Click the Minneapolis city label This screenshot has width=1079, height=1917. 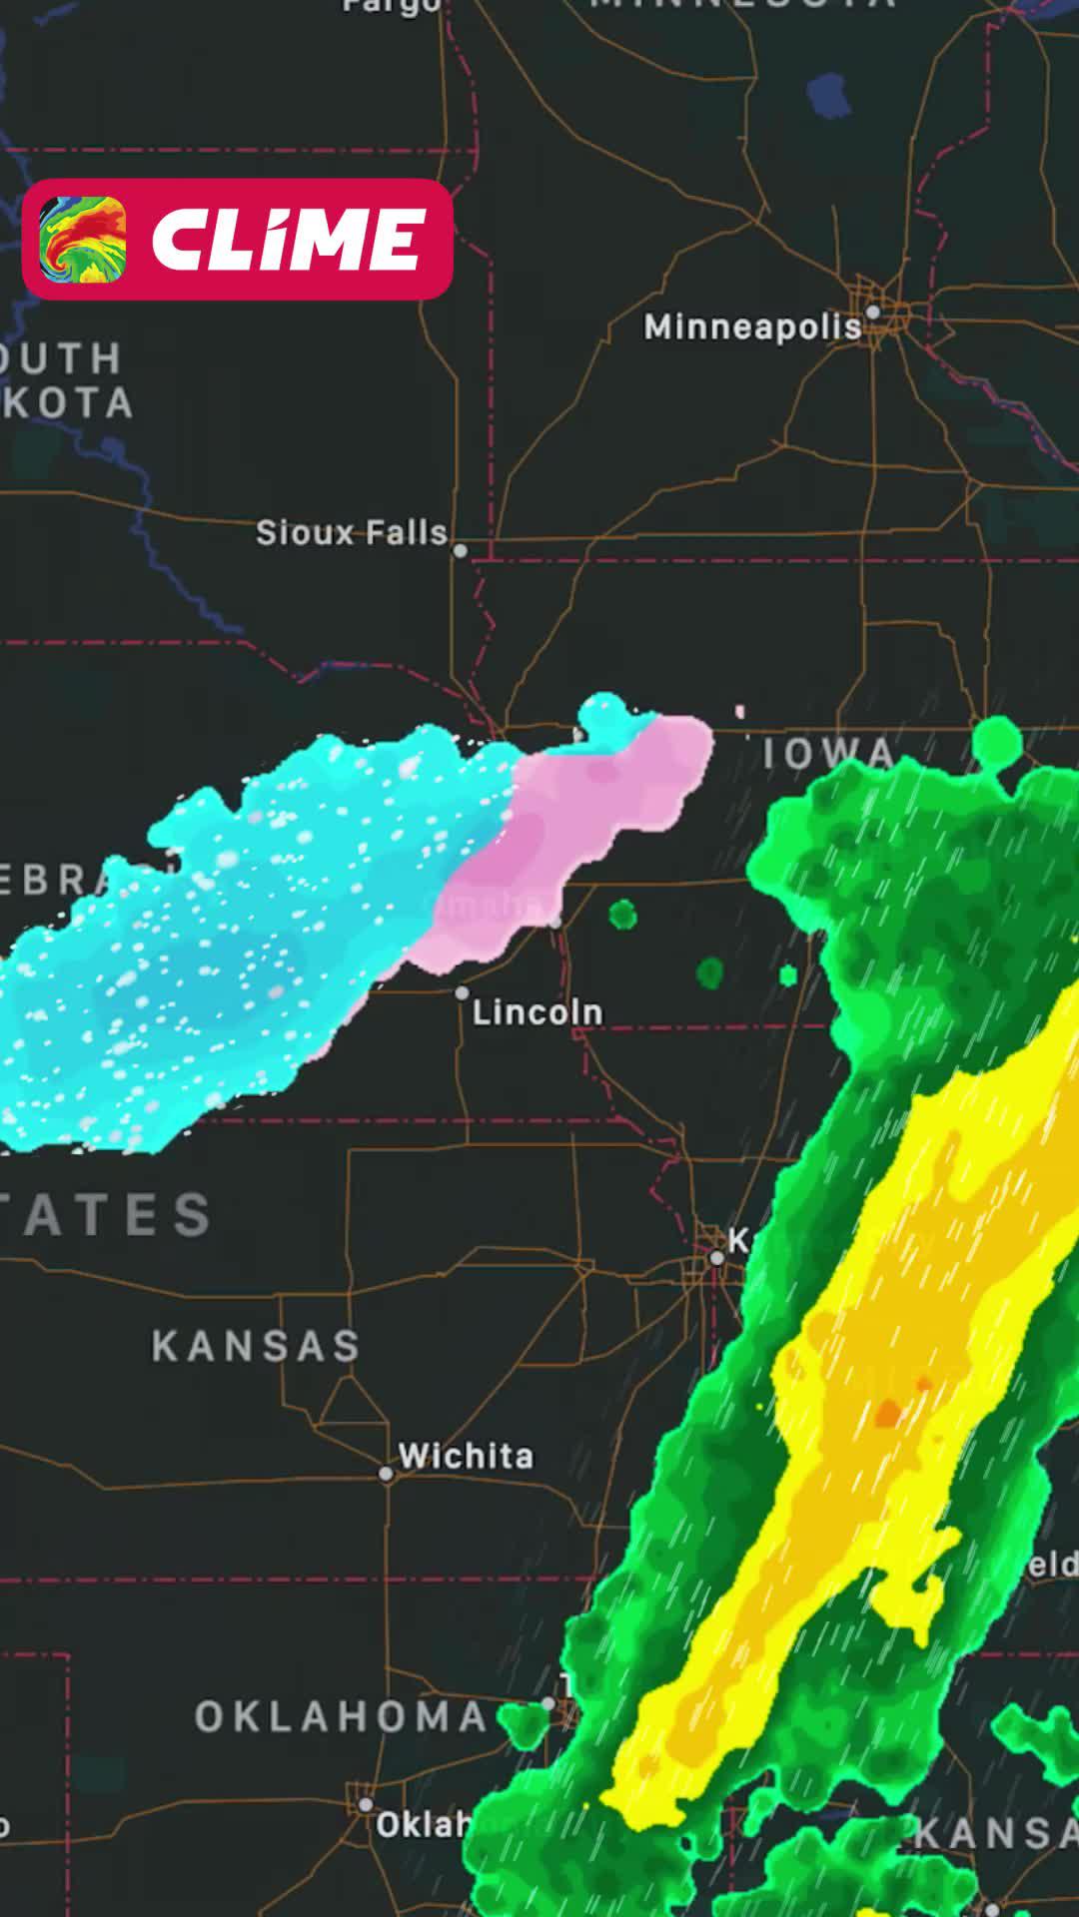(x=751, y=326)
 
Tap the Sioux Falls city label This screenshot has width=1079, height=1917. (x=351, y=533)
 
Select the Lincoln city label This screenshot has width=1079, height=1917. (x=538, y=1012)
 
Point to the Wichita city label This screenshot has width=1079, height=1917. (x=466, y=1456)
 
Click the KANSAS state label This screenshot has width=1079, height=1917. (x=256, y=1346)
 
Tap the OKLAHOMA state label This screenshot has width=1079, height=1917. (x=341, y=1717)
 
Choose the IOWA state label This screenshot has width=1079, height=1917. (x=828, y=754)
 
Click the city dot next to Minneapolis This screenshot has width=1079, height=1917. (x=872, y=313)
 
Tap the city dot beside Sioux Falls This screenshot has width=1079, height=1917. (x=461, y=550)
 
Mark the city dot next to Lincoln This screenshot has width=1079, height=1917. (x=462, y=992)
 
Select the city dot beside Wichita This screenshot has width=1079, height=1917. (x=386, y=1474)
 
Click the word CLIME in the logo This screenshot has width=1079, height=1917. (x=288, y=240)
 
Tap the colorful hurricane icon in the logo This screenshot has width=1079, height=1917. (x=83, y=240)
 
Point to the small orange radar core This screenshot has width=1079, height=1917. (x=887, y=1413)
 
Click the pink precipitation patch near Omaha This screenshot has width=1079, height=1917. (x=579, y=819)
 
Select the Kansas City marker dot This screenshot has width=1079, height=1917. (x=716, y=1258)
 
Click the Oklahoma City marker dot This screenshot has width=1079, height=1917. (x=366, y=1804)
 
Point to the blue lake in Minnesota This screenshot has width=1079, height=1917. (x=829, y=95)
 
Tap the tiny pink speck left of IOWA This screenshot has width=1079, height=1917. (x=740, y=712)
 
